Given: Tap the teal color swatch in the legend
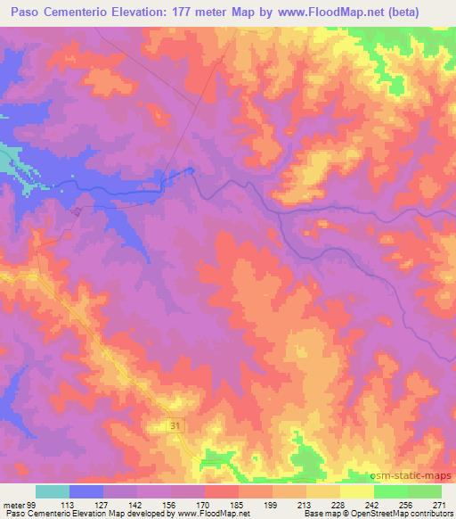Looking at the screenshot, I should pos(53,491).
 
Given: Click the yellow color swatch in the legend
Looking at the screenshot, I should pos(356,491).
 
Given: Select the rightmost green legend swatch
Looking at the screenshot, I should pos(424,491).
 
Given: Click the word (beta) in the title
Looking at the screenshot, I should pos(417,12).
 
